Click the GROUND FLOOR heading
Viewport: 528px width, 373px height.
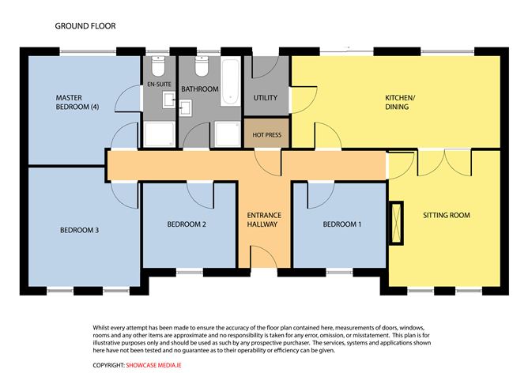(85, 26)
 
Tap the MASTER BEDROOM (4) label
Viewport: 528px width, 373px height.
(77, 103)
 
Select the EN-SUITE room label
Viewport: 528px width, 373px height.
(160, 84)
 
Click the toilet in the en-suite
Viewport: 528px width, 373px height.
(158, 66)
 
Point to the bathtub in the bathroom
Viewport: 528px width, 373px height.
(231, 82)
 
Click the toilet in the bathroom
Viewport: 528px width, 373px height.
(202, 66)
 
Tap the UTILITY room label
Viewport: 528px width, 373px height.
(266, 98)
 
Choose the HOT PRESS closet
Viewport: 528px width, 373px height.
(266, 133)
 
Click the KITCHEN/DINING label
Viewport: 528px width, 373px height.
(400, 103)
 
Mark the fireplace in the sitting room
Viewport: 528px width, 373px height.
(396, 223)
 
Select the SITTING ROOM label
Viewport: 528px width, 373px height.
(447, 215)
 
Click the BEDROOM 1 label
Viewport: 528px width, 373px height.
(341, 224)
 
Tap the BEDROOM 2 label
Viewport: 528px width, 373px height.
(187, 224)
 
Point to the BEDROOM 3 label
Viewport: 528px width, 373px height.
(80, 230)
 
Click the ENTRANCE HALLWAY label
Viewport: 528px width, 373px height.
(264, 220)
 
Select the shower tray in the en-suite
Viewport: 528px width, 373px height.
(159, 134)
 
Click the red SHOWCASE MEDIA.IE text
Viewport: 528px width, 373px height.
(154, 365)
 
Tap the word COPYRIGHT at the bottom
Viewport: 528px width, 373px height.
(109, 365)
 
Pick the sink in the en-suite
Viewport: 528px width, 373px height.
(169, 100)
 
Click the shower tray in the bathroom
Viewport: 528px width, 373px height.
(228, 134)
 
